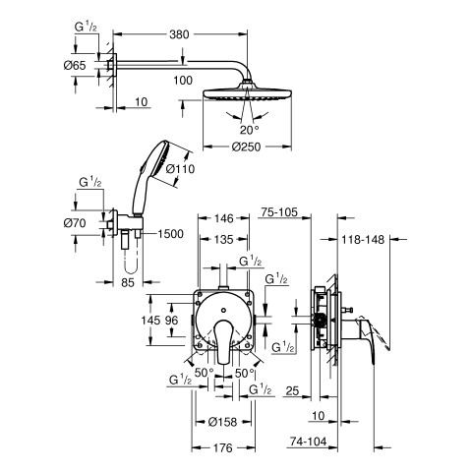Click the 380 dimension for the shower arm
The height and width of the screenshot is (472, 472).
click(x=179, y=34)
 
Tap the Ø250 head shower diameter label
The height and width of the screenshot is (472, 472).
click(x=246, y=147)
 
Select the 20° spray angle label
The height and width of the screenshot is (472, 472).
click(x=249, y=130)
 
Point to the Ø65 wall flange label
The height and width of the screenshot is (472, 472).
click(x=75, y=66)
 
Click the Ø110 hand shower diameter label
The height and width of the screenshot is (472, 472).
click(x=180, y=169)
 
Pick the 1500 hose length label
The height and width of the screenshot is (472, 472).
click(x=170, y=234)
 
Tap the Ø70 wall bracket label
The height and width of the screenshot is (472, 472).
click(x=75, y=223)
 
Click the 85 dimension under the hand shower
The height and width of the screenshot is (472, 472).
click(x=128, y=282)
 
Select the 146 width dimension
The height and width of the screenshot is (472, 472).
click(x=224, y=218)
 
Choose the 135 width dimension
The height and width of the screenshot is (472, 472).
click(x=224, y=240)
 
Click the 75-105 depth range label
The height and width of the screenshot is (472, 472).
click(x=279, y=212)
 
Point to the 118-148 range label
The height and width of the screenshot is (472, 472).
click(x=363, y=240)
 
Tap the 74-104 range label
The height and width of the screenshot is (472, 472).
click(x=309, y=442)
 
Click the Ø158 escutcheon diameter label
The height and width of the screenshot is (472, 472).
click(x=222, y=422)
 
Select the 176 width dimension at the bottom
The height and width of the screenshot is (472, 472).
click(x=222, y=447)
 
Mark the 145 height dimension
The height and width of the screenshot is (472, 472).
click(x=150, y=321)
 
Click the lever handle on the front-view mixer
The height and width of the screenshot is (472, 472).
click(x=223, y=342)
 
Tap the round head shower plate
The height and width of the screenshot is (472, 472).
click(x=247, y=93)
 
